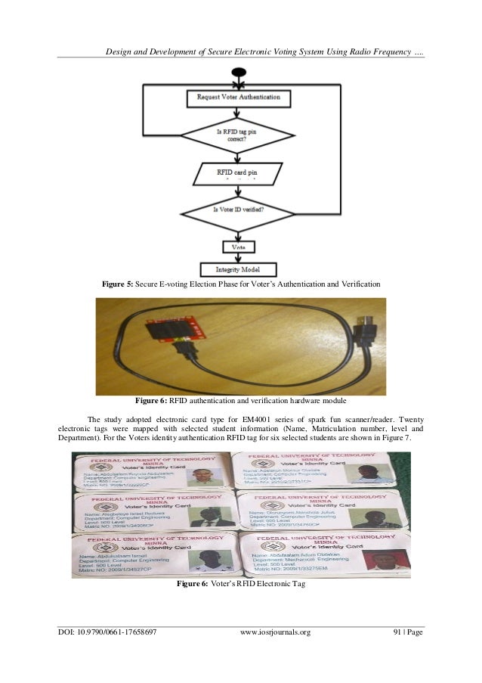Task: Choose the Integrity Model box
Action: click(236, 269)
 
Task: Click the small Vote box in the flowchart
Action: click(236, 247)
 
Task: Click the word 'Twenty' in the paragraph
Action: click(408, 419)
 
